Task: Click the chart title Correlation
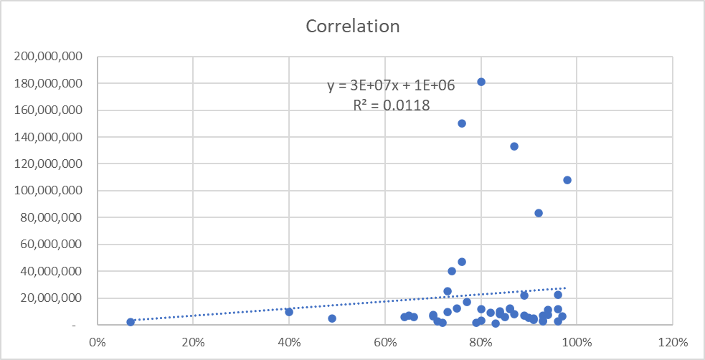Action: pos(352,27)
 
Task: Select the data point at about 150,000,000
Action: pos(462,123)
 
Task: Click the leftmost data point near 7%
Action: pos(131,322)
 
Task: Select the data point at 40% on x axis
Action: pos(289,312)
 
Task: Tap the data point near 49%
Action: pos(332,318)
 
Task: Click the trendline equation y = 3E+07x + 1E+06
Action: pos(392,85)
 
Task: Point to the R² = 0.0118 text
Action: pos(392,105)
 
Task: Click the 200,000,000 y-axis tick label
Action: pos(49,57)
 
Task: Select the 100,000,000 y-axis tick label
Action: pos(49,191)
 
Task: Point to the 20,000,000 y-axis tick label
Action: pos(52,298)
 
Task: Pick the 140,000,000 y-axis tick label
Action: pos(49,137)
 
